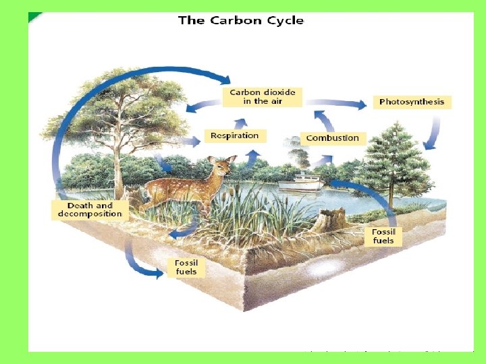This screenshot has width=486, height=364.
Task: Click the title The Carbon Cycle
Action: point(241,20)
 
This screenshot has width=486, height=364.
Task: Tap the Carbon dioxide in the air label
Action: point(262,96)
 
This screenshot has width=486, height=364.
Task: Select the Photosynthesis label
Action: point(412,102)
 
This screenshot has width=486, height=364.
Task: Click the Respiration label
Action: point(234,135)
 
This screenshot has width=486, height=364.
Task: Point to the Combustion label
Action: point(332,138)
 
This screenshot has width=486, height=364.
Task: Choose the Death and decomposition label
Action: point(90,210)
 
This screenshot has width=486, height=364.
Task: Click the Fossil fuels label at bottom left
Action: point(186,267)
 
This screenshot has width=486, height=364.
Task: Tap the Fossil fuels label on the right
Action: point(383,236)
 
